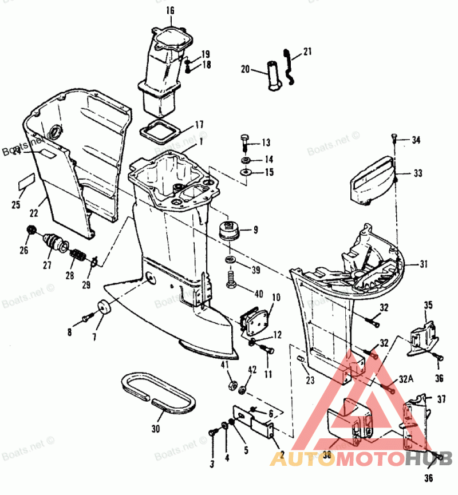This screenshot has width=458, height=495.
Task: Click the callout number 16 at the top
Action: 169,11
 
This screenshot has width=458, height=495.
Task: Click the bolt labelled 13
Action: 246,142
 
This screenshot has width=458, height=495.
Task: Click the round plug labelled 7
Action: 105,307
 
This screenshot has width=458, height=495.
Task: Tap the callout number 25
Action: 15,205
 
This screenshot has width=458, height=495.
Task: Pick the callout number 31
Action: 424,264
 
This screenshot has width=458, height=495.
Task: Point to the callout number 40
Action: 258,294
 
